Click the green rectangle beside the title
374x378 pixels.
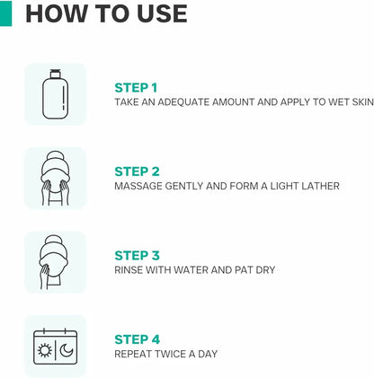pos(5,13)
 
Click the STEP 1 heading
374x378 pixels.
pos(136,88)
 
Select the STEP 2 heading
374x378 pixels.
pos(137,171)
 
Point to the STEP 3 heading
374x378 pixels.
pos(137,256)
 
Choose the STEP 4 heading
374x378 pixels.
pos(138,339)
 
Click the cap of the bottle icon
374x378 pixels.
pos(55,74)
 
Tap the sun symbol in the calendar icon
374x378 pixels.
pos(45,350)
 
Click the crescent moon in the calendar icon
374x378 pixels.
pos(66,350)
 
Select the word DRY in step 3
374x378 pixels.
pos(265,270)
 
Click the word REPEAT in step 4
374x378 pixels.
pos(133,354)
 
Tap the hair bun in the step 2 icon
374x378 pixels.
pos(56,157)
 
